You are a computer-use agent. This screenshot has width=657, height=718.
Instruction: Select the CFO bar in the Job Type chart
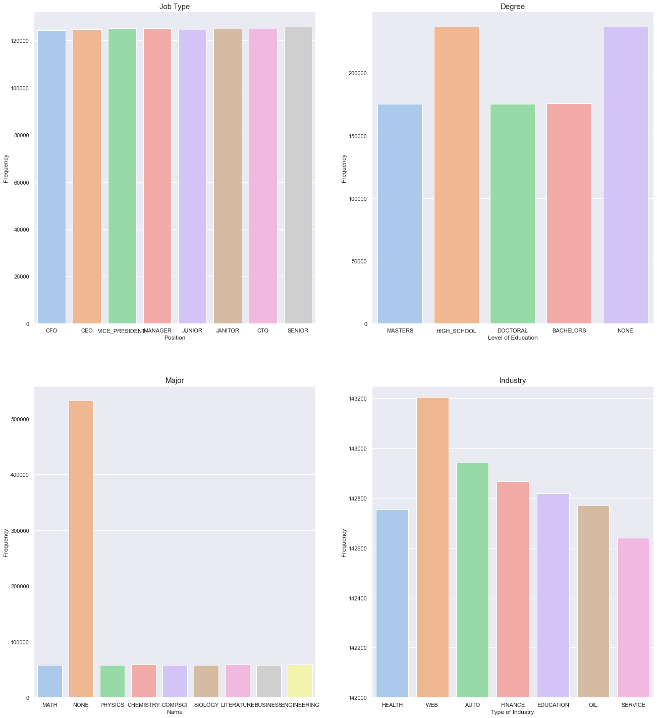coord(51,177)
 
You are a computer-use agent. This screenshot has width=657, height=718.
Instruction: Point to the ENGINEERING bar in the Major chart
coord(300,681)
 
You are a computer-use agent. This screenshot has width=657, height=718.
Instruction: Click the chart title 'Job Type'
coord(175,7)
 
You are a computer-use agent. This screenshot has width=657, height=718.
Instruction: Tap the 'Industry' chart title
coord(513,380)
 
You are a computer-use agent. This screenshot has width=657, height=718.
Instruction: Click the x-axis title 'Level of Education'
coord(513,338)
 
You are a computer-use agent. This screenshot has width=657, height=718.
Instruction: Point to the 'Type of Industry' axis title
coord(512,712)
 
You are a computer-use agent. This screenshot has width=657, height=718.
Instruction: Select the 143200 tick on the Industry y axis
coord(357,399)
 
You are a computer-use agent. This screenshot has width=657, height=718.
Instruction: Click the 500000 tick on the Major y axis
coord(20,419)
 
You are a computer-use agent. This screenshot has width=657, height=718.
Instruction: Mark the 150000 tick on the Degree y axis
coord(357,136)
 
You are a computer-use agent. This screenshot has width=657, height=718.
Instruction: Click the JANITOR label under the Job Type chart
coord(228,331)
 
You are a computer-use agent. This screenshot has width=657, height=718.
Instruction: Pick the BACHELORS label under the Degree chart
coord(569,331)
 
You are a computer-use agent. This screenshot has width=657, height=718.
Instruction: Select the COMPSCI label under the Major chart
coord(175,705)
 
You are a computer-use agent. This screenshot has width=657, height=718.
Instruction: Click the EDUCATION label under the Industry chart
coord(553,705)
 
